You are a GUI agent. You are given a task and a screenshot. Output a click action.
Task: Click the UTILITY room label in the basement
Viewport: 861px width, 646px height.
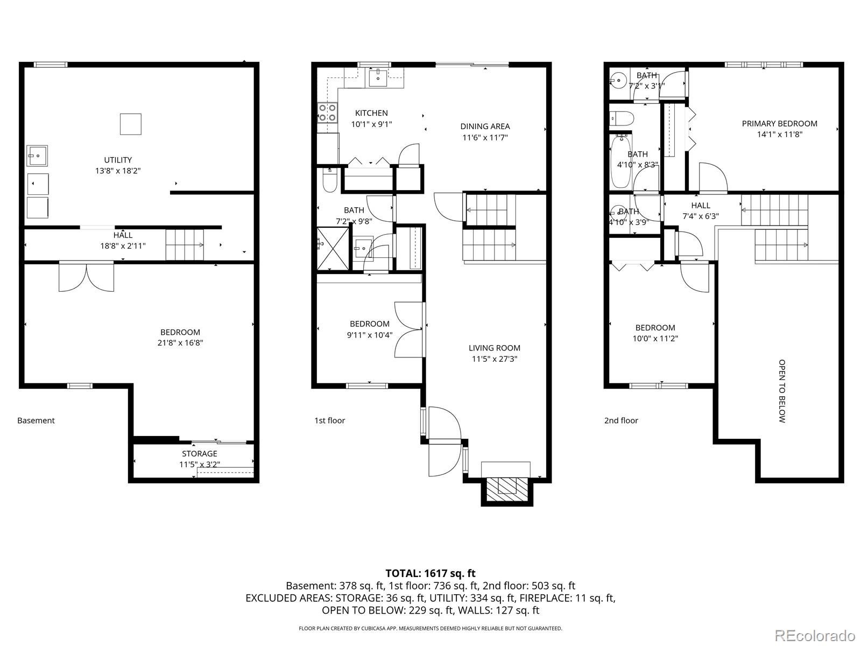pyautogui.click(x=118, y=160)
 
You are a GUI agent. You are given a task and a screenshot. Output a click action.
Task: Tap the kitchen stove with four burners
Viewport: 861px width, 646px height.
pyautogui.click(x=327, y=113)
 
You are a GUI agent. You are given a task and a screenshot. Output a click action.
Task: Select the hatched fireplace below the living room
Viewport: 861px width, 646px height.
pyautogui.click(x=507, y=490)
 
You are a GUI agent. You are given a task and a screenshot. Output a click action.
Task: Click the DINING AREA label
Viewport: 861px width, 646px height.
pyautogui.click(x=485, y=127)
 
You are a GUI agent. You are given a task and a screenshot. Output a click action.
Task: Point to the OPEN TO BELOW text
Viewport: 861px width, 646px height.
pyautogui.click(x=782, y=391)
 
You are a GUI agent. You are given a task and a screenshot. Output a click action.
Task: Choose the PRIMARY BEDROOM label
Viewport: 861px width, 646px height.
pyautogui.click(x=779, y=124)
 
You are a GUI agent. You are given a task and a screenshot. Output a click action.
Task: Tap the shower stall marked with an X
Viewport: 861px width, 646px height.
pyautogui.click(x=333, y=249)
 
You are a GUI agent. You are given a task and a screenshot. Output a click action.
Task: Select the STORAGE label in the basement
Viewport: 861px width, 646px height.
pyautogui.click(x=199, y=454)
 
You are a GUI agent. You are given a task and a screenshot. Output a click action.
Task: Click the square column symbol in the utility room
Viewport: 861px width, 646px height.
pyautogui.click(x=131, y=124)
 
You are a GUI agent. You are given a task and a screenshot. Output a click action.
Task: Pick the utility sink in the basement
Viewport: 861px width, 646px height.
pyautogui.click(x=37, y=156)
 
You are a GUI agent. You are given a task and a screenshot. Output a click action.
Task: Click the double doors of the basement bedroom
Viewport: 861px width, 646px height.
pyautogui.click(x=86, y=277)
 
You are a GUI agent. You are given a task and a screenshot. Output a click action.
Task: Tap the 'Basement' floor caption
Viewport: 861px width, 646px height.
pyautogui.click(x=36, y=420)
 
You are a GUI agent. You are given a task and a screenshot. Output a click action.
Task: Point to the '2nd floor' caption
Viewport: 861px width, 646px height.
pyautogui.click(x=621, y=420)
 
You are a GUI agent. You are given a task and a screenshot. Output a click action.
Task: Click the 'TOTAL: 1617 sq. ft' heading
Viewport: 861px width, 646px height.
pyautogui.click(x=430, y=573)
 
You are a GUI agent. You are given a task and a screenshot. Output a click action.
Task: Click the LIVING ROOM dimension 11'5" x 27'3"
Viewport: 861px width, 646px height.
pyautogui.click(x=495, y=359)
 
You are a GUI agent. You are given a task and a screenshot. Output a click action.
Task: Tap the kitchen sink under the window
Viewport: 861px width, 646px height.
pyautogui.click(x=378, y=78)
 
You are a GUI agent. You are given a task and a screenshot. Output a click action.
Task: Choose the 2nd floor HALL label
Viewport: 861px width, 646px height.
pyautogui.click(x=701, y=206)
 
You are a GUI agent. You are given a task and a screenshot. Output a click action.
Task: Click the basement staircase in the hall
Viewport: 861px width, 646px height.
pyautogui.click(x=185, y=245)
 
